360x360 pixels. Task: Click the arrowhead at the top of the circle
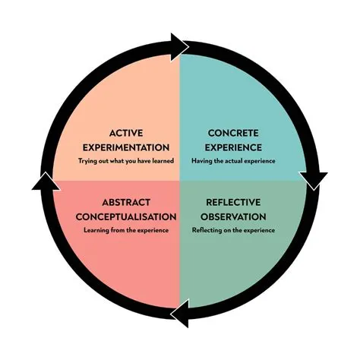[x=181, y=46]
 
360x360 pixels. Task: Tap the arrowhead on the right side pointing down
[x=314, y=179]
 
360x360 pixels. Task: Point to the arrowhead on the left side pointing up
[x=46, y=182]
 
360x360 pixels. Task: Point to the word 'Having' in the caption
[x=201, y=162]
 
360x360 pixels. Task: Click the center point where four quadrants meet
[x=180, y=180]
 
